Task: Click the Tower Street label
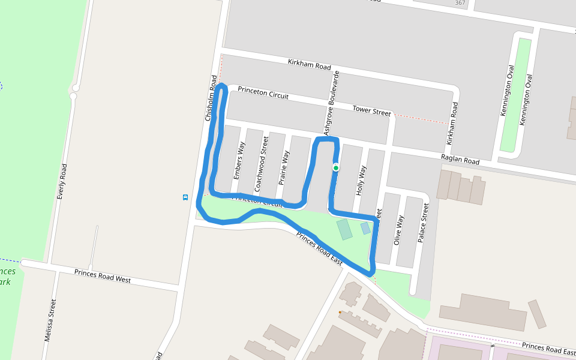tap(371, 110)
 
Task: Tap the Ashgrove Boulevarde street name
tap(332, 103)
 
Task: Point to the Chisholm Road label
tap(211, 98)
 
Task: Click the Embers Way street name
tap(238, 160)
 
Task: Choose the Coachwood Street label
tap(261, 163)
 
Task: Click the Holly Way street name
tap(361, 180)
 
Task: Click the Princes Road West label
tap(103, 276)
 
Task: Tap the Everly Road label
tap(61, 181)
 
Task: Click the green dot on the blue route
tap(336, 168)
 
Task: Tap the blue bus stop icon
tap(185, 197)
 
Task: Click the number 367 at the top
tap(460, 3)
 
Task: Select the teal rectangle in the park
tap(344, 229)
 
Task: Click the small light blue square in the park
tap(365, 228)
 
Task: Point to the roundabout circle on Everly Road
tap(74, 96)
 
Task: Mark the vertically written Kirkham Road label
tap(454, 123)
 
